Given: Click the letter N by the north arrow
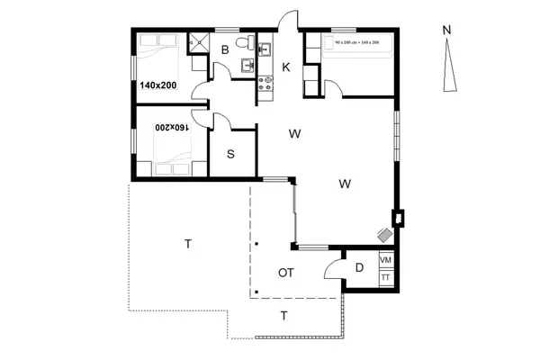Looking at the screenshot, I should (x=446, y=30).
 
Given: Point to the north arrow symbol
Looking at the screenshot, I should (x=451, y=67).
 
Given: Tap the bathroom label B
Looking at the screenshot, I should (x=225, y=50).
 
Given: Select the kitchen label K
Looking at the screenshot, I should (x=286, y=67).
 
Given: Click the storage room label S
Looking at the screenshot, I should (x=230, y=154).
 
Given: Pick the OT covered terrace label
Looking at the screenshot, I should (x=287, y=272).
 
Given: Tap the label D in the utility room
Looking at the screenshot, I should (x=358, y=267).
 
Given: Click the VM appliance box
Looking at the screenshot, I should (x=386, y=260).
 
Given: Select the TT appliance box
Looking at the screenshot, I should (x=386, y=278).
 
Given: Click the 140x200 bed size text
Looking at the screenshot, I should (x=158, y=85).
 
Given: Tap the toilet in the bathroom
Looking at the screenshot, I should (x=241, y=42).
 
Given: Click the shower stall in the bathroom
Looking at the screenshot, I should (x=195, y=41).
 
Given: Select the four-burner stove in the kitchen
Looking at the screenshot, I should (x=266, y=84).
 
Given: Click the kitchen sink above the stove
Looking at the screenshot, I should (x=265, y=50).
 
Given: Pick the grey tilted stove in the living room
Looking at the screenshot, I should (x=385, y=235).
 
